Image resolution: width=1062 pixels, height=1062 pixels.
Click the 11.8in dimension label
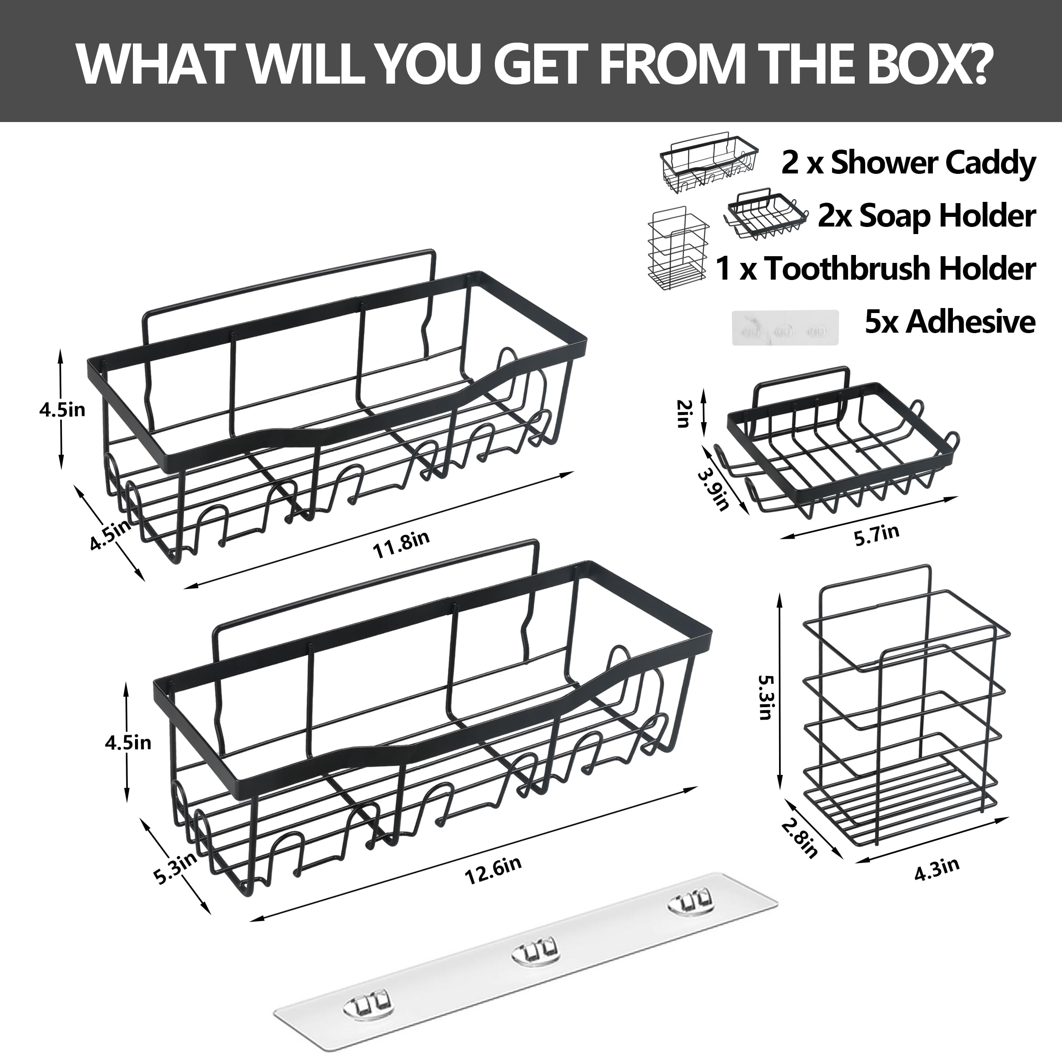pyautogui.click(x=401, y=544)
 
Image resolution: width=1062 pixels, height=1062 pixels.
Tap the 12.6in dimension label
pyautogui.click(x=493, y=870)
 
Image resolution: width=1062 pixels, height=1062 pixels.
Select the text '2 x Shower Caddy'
pyautogui.click(x=908, y=163)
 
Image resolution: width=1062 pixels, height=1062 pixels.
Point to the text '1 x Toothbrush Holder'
pyautogui.click(x=876, y=268)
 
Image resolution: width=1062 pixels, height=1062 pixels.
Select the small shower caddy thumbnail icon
pyautogui.click(x=709, y=162)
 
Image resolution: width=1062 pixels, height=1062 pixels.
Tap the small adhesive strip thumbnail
pyautogui.click(x=785, y=328)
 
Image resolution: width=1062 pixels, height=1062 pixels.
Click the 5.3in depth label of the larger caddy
pyautogui.click(x=175, y=868)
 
